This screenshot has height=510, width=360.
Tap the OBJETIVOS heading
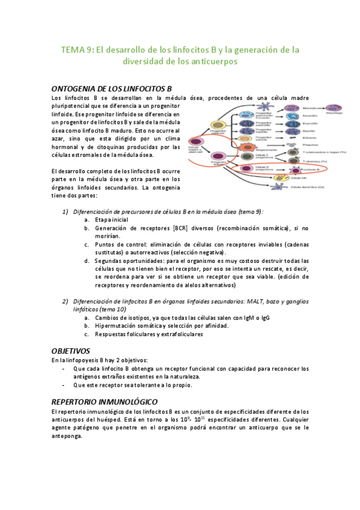point(70,349)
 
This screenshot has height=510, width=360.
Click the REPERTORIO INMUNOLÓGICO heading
point(105,401)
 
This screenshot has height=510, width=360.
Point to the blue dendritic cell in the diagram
point(279,187)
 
